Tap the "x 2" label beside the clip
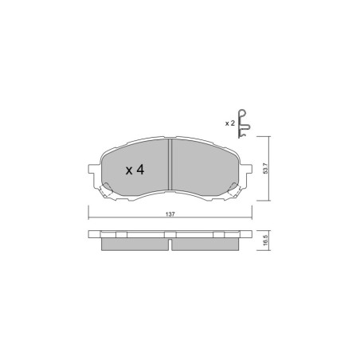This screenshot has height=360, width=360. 229,123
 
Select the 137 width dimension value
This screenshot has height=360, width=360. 170,214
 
